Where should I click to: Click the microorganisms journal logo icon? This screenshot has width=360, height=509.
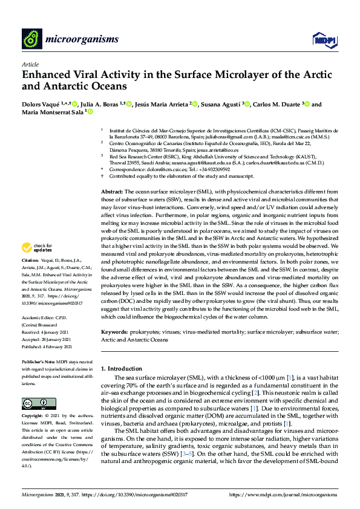(30, 39)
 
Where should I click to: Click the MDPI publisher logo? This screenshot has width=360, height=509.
(323, 39)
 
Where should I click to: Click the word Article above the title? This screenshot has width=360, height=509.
(30, 63)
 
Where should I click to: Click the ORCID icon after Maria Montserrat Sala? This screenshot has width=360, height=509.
(90, 112)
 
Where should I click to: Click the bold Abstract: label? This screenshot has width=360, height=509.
(112, 173)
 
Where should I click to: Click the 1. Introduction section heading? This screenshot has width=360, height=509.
(123, 368)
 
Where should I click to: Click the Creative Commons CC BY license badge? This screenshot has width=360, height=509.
(35, 403)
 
